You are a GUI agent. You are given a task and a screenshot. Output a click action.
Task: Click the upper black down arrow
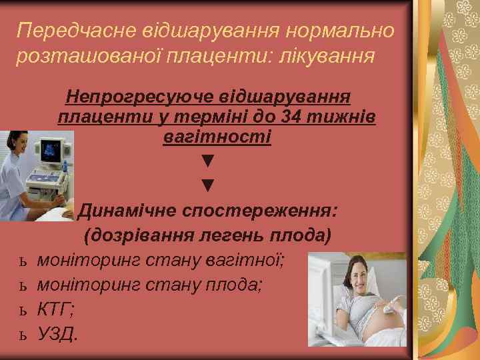208,161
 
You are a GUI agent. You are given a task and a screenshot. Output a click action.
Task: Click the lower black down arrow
208,185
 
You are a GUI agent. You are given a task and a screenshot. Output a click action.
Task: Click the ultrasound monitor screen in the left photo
53,151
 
